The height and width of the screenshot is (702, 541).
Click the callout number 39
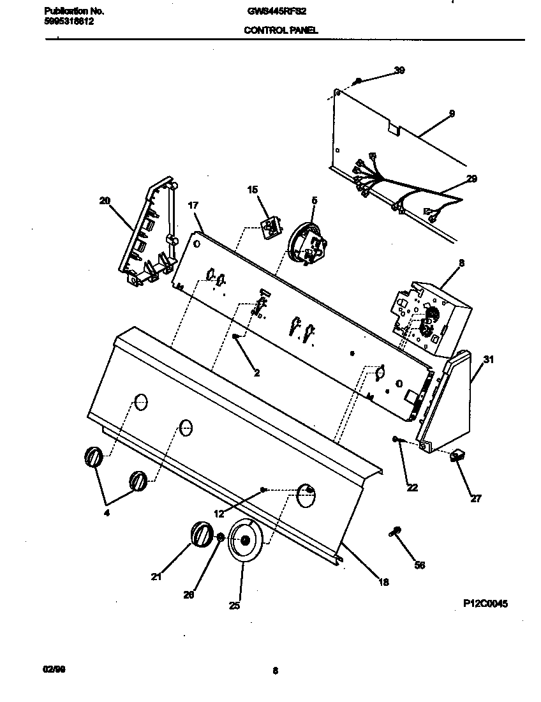tap(399, 70)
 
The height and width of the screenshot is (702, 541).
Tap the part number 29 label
tap(471, 179)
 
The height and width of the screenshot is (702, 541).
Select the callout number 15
tap(253, 190)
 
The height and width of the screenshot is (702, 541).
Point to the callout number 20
tap(105, 200)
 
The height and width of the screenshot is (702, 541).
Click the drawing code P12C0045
tap(485, 603)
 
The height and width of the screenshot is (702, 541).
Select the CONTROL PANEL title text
tap(281, 30)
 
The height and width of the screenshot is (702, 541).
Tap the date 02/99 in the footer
tap(54, 669)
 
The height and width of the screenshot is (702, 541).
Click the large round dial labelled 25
tap(244, 541)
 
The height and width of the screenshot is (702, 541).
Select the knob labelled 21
tap(202, 534)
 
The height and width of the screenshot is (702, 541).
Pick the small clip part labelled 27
tap(457, 456)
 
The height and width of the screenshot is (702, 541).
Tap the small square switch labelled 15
tap(270, 227)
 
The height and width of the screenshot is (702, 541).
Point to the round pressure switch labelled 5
tap(306, 244)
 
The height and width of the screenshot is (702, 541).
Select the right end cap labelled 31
tap(447, 402)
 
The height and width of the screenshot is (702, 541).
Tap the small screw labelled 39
tap(359, 81)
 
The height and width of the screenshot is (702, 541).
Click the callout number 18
tap(383, 581)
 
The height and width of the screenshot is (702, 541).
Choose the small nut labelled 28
tap(219, 538)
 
